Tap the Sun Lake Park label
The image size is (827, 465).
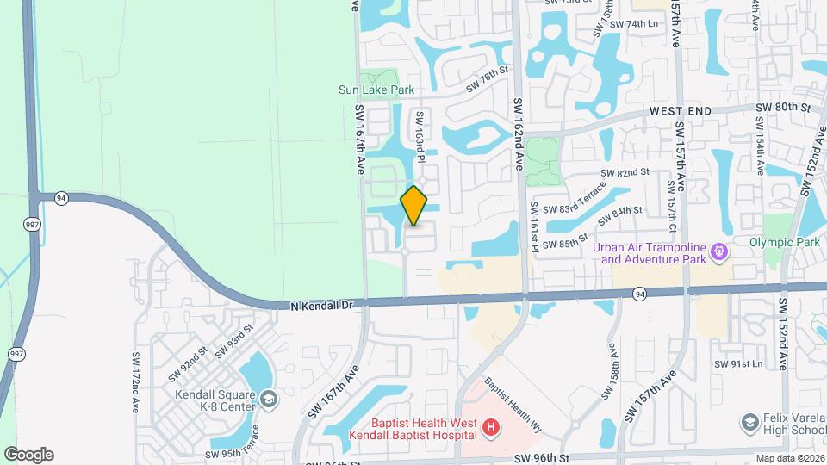(x=376, y=90)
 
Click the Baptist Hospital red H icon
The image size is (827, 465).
(x=490, y=427)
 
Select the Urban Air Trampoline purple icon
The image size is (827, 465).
(x=720, y=253)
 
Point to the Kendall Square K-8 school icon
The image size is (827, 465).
(x=270, y=400)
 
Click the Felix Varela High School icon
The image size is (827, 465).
(x=749, y=422)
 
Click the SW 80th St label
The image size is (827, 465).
(x=783, y=108)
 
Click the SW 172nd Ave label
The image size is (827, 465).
(x=136, y=382)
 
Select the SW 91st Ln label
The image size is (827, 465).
(x=738, y=364)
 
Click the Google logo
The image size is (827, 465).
(x=28, y=455)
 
